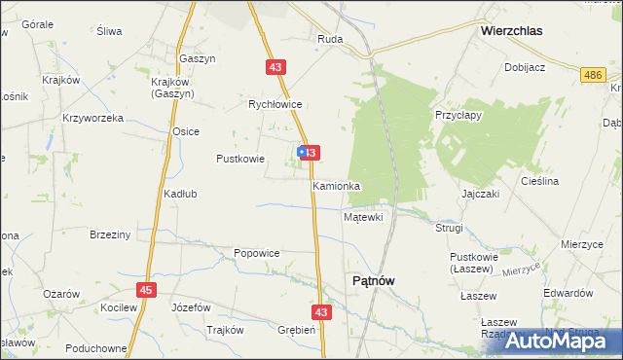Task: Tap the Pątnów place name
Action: click(372, 281)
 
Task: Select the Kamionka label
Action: click(337, 185)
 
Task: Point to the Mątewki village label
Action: click(363, 217)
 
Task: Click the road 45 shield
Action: click(146, 290)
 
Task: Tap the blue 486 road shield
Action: click(591, 75)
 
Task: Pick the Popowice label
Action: click(257, 253)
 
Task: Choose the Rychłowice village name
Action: click(275, 104)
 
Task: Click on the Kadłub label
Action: click(180, 194)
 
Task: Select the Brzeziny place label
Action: click(110, 234)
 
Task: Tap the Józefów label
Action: click(191, 306)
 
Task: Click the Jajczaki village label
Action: click(481, 194)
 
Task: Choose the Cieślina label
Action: click(567, 181)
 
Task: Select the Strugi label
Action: click(450, 228)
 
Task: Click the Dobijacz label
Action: click(524, 67)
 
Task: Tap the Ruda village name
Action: click(329, 40)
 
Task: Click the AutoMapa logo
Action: click(560, 342)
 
